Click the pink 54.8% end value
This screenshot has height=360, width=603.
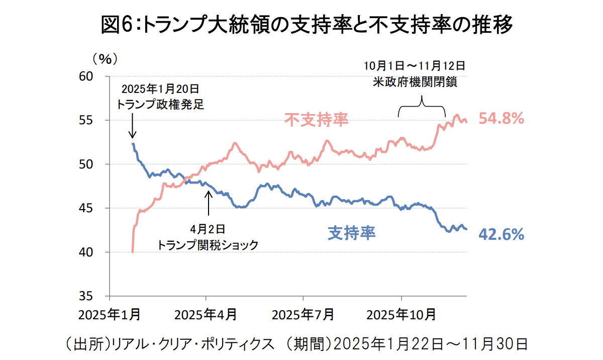[x=501, y=119]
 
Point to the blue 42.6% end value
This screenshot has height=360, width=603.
[x=501, y=234]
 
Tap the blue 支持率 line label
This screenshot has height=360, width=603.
[x=352, y=233]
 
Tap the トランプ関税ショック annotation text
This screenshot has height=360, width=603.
[x=208, y=245]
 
